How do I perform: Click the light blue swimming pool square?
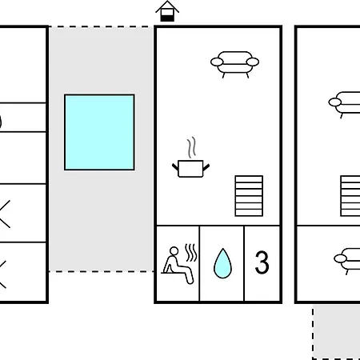[x=99, y=132]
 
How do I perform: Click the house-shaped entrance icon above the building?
[x=167, y=11]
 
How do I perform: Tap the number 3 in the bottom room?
[x=262, y=262]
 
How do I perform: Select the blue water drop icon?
[x=222, y=263]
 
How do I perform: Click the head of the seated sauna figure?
[x=174, y=251]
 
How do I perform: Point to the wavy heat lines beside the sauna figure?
[x=191, y=252]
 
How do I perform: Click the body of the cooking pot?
[x=190, y=169]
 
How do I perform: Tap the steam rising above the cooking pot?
[x=191, y=147]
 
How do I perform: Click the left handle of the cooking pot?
[x=175, y=167]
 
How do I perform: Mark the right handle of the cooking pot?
[x=206, y=167]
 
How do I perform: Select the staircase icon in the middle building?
[x=249, y=196]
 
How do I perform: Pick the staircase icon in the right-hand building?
[x=350, y=196]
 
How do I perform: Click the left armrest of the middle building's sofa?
[x=217, y=62]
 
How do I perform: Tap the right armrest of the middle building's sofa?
[x=253, y=62]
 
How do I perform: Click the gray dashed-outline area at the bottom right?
[x=337, y=333]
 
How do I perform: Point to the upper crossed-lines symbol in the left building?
[x=5, y=214]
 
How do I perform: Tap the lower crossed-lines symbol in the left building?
[x=2, y=274]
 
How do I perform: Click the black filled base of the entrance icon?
[x=167, y=18]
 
